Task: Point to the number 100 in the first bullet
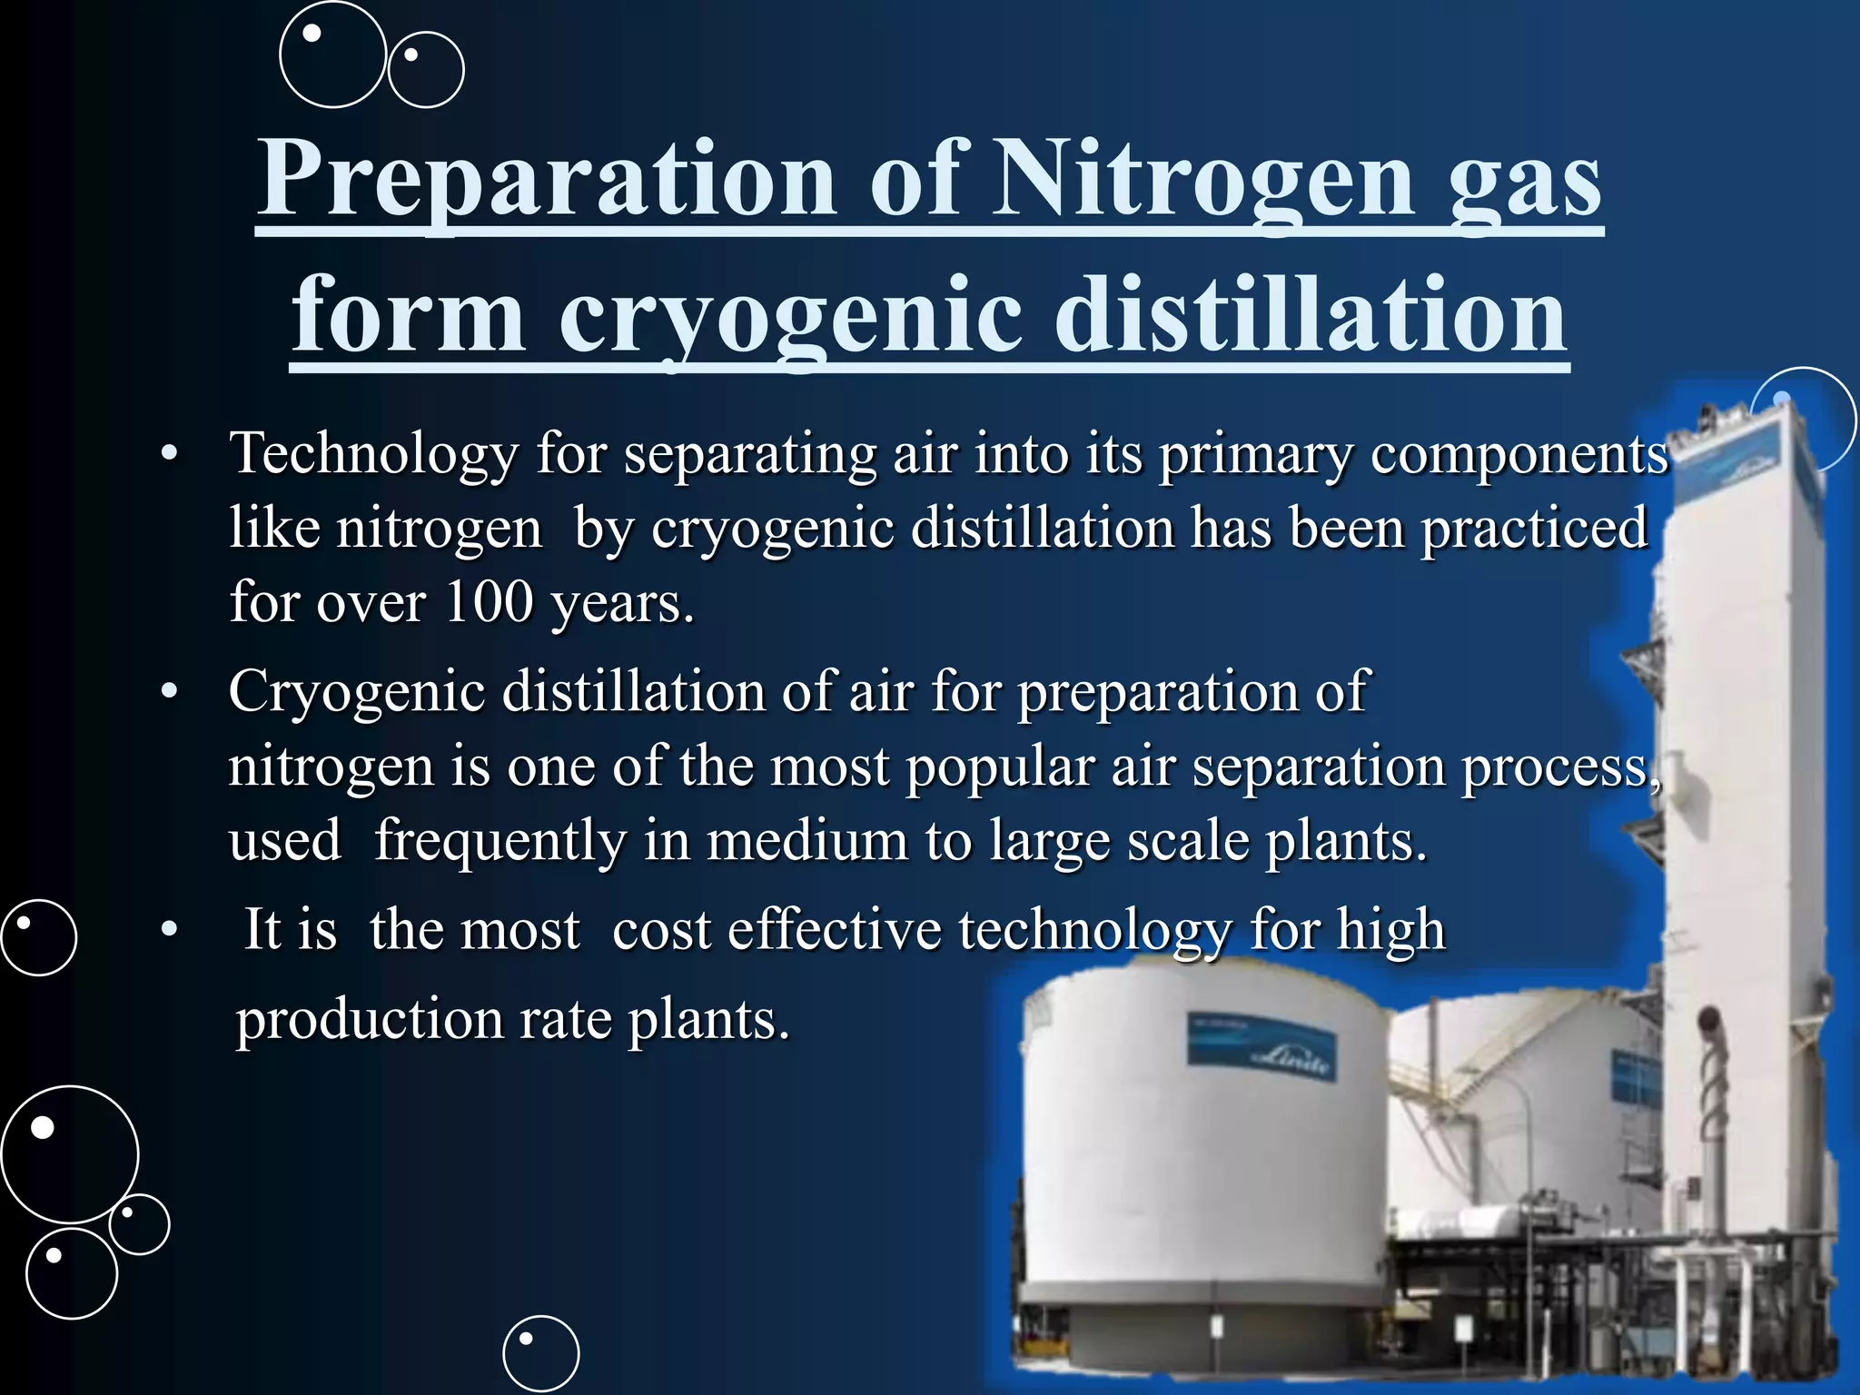pos(489,601)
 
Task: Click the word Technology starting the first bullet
pos(373,453)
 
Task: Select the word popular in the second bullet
pos(999,767)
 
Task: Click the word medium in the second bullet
pos(807,840)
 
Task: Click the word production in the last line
pos(369,1018)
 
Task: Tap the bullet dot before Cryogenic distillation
pos(169,693)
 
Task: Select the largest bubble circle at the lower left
pos(69,1154)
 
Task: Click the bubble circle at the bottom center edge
pos(540,1353)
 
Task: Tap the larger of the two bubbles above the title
pos(332,54)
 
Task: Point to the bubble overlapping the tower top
pos(1802,419)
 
